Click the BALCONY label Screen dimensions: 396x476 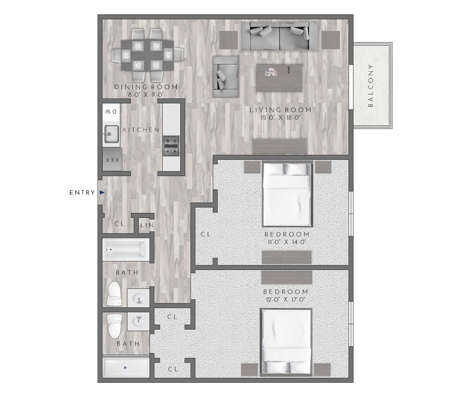[x=370, y=85]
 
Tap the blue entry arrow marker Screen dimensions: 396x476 [x=101, y=192]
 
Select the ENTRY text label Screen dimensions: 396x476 [x=82, y=192]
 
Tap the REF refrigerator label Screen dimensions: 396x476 [x=111, y=160]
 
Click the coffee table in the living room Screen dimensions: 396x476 [x=279, y=78]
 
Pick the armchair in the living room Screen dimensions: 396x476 [x=225, y=73]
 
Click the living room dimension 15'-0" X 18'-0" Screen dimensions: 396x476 [x=280, y=117]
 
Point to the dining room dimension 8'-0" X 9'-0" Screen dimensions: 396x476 [x=146, y=94]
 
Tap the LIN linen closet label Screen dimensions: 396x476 [x=147, y=226]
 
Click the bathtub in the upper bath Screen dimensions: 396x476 [x=126, y=249]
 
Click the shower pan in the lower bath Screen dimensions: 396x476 [x=126, y=368]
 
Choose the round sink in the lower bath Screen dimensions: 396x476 [x=139, y=322]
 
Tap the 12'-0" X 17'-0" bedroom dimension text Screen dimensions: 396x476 [x=286, y=299]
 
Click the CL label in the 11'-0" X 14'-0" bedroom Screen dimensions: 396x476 [x=205, y=234]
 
